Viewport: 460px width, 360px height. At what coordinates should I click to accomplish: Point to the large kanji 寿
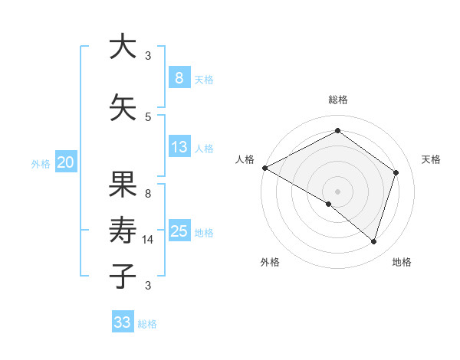click(123, 229)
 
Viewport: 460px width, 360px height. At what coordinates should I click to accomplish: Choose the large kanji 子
click(123, 275)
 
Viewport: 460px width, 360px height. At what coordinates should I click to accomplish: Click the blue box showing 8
click(179, 77)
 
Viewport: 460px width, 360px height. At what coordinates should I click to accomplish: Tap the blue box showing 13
click(179, 147)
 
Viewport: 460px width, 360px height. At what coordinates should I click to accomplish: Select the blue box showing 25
click(179, 231)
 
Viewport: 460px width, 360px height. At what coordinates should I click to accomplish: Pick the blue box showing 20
click(65, 162)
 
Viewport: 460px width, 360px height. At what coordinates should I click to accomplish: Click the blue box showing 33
click(123, 322)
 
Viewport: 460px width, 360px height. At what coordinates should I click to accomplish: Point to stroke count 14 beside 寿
click(148, 240)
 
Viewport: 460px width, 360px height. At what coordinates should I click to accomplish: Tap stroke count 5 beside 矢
click(148, 117)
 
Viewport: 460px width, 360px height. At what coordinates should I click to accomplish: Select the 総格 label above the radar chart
click(337, 100)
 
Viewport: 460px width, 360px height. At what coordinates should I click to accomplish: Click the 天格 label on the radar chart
click(431, 159)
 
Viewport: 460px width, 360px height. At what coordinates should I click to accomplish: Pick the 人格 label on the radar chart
click(245, 159)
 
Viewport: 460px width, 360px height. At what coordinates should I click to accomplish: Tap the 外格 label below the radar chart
click(270, 263)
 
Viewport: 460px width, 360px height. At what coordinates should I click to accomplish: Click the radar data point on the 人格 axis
click(264, 168)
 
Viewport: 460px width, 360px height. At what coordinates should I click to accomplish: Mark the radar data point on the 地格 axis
click(373, 242)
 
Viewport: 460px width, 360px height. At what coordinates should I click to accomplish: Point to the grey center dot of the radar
click(337, 191)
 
